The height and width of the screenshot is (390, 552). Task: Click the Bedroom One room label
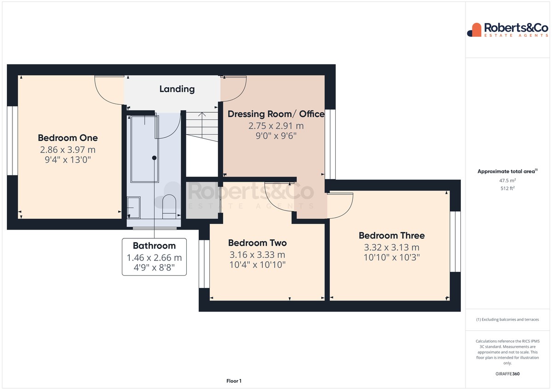coord(68,138)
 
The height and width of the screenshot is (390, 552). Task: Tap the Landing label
coord(177,89)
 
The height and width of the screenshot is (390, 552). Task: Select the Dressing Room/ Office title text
coord(276,114)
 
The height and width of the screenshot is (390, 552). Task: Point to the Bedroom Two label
coord(257,243)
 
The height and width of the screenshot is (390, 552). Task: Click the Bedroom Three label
coord(391,236)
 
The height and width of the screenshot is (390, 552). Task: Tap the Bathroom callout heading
coord(154,246)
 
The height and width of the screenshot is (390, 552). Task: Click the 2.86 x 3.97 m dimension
coord(68,150)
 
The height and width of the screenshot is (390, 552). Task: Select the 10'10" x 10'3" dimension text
coord(391,257)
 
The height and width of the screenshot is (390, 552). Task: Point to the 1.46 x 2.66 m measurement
coord(154,258)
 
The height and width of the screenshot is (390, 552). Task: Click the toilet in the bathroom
coord(169,206)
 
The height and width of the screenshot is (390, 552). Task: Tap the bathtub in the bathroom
coord(144,149)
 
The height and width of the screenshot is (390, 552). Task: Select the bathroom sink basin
coord(134,208)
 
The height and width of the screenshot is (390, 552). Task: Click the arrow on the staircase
coord(202,125)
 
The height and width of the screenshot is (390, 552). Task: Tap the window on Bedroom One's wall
coord(12,141)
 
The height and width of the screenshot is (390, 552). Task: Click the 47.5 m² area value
coord(507,181)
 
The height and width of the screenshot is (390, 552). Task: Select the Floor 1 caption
coord(234,381)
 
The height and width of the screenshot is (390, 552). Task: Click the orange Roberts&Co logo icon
coord(474,30)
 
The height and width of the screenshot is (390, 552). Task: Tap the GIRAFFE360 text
coord(507,374)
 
